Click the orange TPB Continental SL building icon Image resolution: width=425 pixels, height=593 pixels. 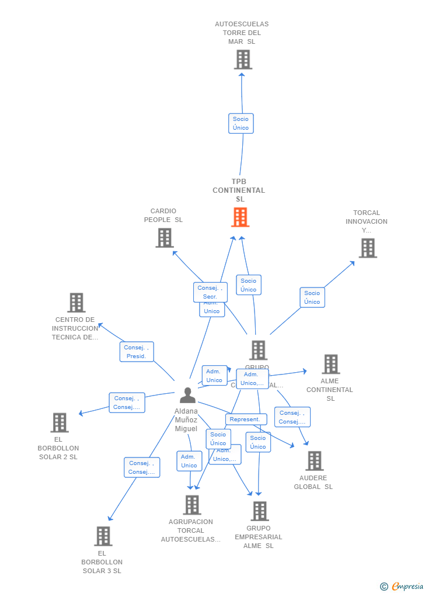point(240,217)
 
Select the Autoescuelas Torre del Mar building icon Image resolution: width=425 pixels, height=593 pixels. point(243,60)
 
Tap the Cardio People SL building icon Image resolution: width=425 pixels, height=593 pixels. point(165,238)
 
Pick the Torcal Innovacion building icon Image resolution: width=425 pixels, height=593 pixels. point(367,248)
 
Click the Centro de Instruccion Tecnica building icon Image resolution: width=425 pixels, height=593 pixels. point(76,303)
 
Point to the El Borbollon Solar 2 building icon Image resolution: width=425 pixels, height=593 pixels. point(60,422)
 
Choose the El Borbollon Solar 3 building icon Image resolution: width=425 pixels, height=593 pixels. point(103,536)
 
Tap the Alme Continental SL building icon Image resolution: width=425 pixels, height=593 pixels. point(330,364)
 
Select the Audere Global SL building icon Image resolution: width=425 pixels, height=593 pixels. point(314,461)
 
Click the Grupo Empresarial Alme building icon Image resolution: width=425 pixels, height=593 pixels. point(260,511)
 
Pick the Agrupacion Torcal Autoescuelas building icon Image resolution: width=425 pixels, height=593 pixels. point(191,505)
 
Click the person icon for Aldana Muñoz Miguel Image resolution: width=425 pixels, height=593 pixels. point(187,396)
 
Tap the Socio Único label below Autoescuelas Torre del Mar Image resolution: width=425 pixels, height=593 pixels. point(241,123)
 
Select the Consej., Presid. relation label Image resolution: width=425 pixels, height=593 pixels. point(137,352)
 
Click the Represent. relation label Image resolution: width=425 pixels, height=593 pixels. point(245,419)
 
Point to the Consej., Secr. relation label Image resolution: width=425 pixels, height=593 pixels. point(210,292)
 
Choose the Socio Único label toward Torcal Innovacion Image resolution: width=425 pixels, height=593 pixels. point(312,297)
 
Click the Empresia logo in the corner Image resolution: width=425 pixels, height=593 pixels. point(402,586)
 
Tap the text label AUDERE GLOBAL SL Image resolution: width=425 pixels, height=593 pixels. point(313,483)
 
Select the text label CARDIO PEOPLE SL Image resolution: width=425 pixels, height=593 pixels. point(163,216)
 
